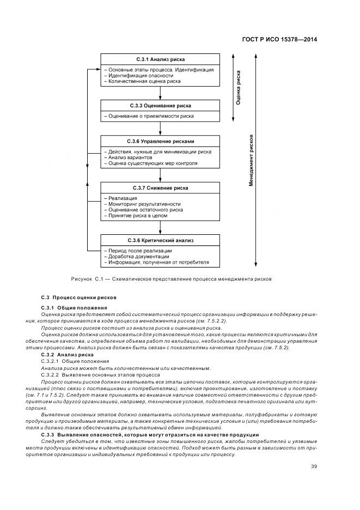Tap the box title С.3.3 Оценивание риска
[160, 105]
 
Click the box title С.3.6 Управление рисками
[160, 141]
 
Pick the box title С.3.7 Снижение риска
[160, 188]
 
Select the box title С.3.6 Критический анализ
[160, 240]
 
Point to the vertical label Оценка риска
[239, 87]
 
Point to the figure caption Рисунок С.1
[171, 279]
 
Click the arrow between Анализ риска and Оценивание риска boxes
[160, 93]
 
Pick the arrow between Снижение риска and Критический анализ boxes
[160, 228]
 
